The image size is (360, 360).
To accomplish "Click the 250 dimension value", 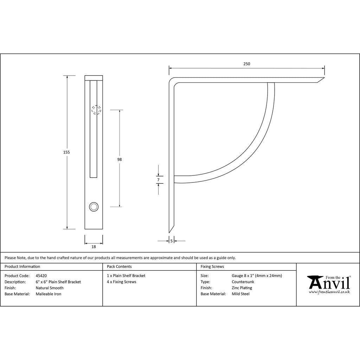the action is click(246, 64).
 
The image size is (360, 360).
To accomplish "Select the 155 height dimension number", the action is click(66, 152).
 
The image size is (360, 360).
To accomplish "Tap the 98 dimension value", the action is click(120, 159).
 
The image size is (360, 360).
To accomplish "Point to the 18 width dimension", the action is click(94, 247).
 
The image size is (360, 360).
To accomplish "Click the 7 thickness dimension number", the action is click(158, 180).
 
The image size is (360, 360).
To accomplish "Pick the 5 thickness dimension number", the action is click(171, 241).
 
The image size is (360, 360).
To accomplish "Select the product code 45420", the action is click(41, 276).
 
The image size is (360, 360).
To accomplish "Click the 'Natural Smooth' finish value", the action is click(50, 288).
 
